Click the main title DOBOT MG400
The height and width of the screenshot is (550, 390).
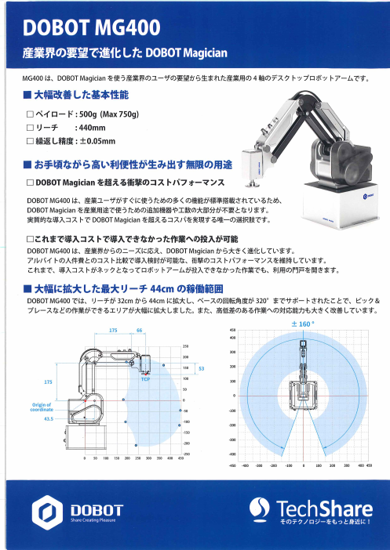click(92, 28)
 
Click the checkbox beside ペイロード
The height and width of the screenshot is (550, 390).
click(30, 114)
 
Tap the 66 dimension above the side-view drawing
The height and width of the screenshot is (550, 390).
click(140, 331)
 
